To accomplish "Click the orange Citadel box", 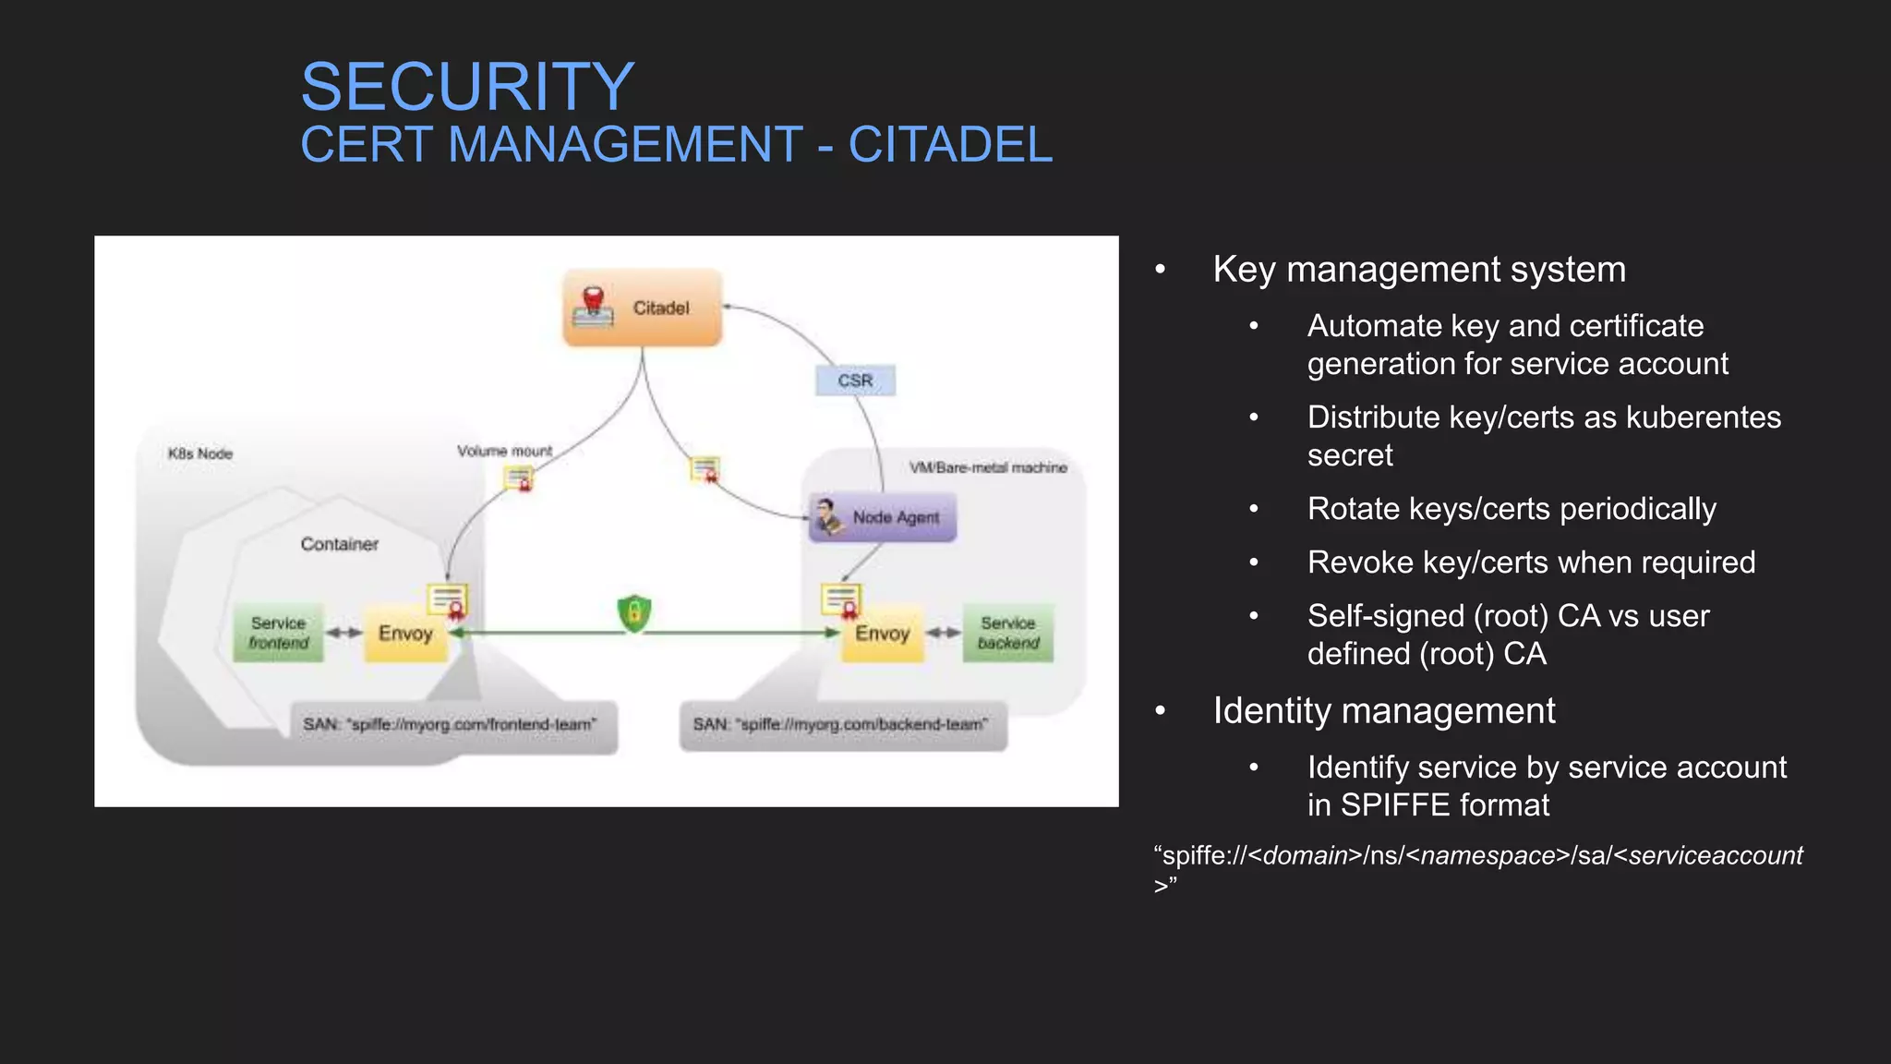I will [x=643, y=308].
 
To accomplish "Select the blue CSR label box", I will [x=855, y=381].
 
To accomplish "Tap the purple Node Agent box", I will [x=883, y=517].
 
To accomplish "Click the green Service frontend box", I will [x=278, y=633].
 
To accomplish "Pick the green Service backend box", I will [x=1008, y=633].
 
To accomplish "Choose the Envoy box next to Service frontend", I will [x=405, y=634].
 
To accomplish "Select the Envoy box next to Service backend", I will [x=882, y=634].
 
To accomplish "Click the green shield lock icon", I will [x=634, y=613].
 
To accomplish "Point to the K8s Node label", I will [x=200, y=453].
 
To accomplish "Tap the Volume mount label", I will [x=504, y=451].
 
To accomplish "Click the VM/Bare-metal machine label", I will [x=988, y=467].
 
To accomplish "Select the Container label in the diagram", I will [x=339, y=544].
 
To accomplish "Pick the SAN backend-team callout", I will [x=842, y=725].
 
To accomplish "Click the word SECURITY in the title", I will [x=467, y=87].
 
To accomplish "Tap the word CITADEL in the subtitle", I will [x=950, y=145].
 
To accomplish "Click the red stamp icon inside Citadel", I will [x=593, y=306].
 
